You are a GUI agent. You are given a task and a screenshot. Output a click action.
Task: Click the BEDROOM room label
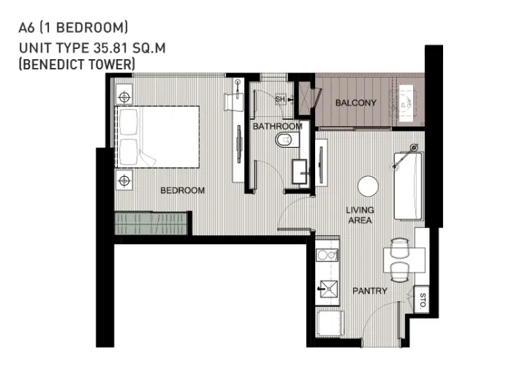[183, 190]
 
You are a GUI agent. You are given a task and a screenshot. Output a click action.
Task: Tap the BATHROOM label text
[278, 126]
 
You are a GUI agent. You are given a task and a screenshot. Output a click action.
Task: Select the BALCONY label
[356, 103]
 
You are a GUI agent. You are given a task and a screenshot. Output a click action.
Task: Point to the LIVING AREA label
[360, 215]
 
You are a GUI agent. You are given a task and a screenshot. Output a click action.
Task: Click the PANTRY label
[370, 291]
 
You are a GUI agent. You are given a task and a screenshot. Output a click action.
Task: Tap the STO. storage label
[423, 301]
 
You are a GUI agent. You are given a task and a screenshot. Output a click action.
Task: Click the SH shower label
[280, 99]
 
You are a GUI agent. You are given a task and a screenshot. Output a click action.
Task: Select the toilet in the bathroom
[287, 140]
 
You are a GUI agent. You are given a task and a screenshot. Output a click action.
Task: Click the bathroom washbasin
[300, 172]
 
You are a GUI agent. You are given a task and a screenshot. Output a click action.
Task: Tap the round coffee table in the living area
[368, 186]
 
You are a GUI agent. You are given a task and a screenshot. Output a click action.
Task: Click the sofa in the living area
[408, 186]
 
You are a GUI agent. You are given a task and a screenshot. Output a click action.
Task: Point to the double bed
[157, 137]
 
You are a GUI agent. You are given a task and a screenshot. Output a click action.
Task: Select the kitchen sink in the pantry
[328, 289]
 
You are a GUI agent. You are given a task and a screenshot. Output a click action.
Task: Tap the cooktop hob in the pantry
[328, 256]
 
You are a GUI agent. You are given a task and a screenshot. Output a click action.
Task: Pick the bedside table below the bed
[124, 181]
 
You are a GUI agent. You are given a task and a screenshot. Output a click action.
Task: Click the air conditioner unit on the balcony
[406, 103]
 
